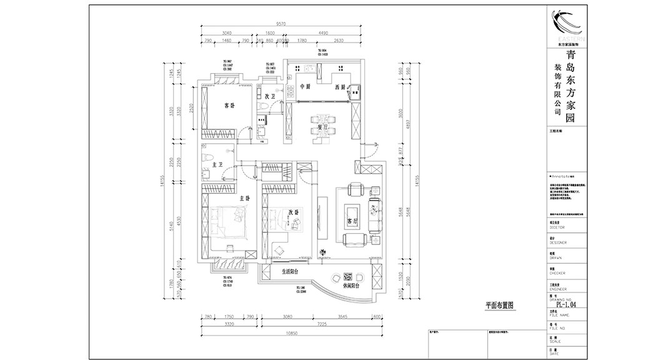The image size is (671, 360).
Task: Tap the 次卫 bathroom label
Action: pyautogui.click(x=270, y=97)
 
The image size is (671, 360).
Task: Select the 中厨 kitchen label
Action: pyautogui.click(x=305, y=86)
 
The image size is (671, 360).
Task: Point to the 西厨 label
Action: pyautogui.click(x=340, y=86)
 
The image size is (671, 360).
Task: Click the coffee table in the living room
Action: pyautogui.click(x=353, y=211)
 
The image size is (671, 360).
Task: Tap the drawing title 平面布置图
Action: pyautogui.click(x=499, y=306)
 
